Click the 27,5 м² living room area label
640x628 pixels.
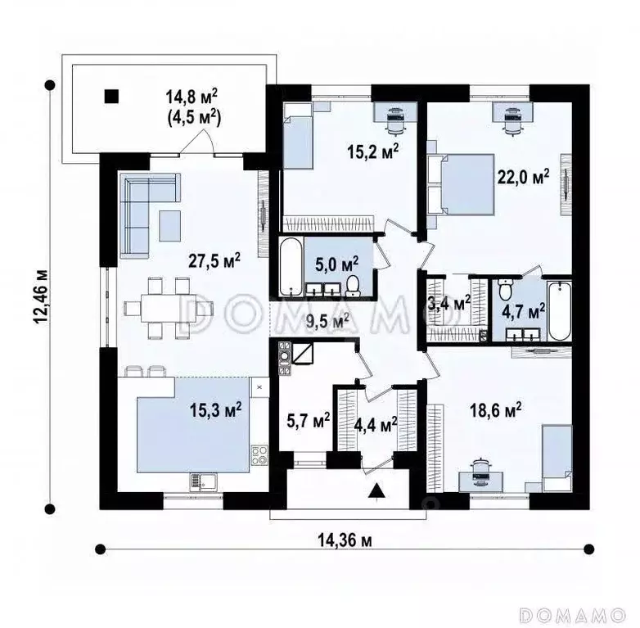tap(214, 261)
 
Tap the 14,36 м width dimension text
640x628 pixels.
tap(345, 540)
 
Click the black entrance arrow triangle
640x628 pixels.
tap(377, 490)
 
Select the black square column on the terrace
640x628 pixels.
tap(111, 96)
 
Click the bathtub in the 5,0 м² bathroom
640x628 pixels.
tap(291, 267)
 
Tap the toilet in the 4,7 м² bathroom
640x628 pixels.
tap(504, 289)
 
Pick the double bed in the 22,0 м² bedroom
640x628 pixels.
tap(461, 183)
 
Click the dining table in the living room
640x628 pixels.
tap(168, 308)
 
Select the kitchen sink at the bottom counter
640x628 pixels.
tap(203, 481)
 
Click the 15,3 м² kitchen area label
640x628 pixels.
tap(215, 410)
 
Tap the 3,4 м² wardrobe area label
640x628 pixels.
tap(451, 304)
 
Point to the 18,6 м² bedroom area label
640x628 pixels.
tap(495, 410)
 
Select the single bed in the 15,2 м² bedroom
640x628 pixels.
tap(298, 135)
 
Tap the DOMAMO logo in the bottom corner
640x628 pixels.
tap(573, 614)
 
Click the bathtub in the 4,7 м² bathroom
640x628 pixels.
tap(559, 310)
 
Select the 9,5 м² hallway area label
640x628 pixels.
tap(327, 321)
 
